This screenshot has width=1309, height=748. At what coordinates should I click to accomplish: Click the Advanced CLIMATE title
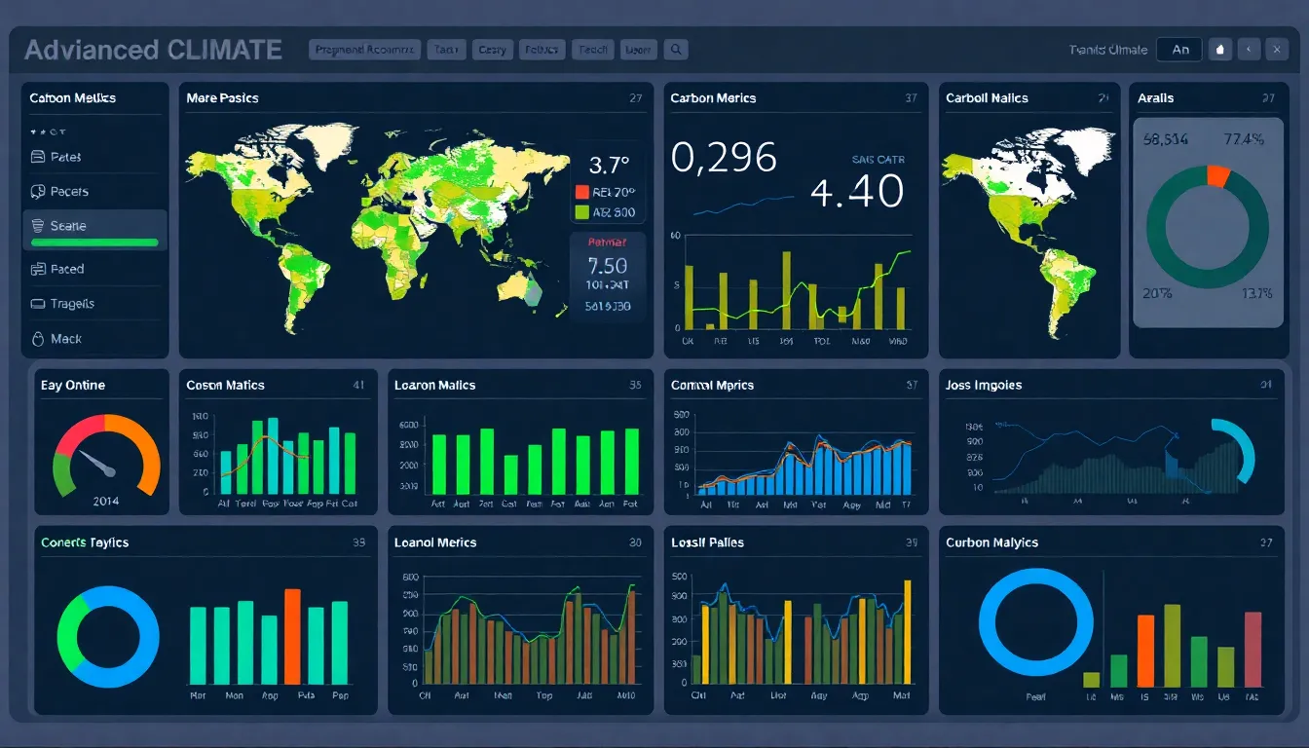(x=153, y=50)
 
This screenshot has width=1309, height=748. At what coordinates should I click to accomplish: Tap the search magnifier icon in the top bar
(x=675, y=49)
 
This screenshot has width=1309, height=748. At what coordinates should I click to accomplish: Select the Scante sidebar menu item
(x=68, y=226)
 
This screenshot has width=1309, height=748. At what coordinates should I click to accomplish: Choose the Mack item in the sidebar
(x=65, y=339)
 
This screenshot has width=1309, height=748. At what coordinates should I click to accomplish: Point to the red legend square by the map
(x=582, y=192)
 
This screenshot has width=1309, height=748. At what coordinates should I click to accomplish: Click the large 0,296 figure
(x=725, y=158)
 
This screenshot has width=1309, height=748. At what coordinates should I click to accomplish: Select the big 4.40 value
(x=857, y=191)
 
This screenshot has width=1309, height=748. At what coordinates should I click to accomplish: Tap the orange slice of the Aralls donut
(x=1217, y=175)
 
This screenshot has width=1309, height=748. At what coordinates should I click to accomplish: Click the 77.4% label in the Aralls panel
(x=1244, y=139)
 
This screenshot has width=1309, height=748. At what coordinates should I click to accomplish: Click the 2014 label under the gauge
(x=105, y=501)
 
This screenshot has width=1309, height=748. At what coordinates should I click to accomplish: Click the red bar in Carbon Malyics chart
(x=1145, y=651)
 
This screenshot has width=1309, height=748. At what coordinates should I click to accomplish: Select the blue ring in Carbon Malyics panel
(x=1036, y=621)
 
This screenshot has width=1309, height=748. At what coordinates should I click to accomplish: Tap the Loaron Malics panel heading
(x=434, y=386)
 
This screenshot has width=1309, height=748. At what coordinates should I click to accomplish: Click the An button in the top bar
(x=1179, y=50)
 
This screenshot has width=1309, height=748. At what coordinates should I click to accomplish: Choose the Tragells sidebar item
(x=72, y=304)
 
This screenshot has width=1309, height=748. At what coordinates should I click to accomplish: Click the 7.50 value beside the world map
(x=608, y=265)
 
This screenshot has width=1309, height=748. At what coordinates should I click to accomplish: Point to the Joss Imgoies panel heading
(x=984, y=386)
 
